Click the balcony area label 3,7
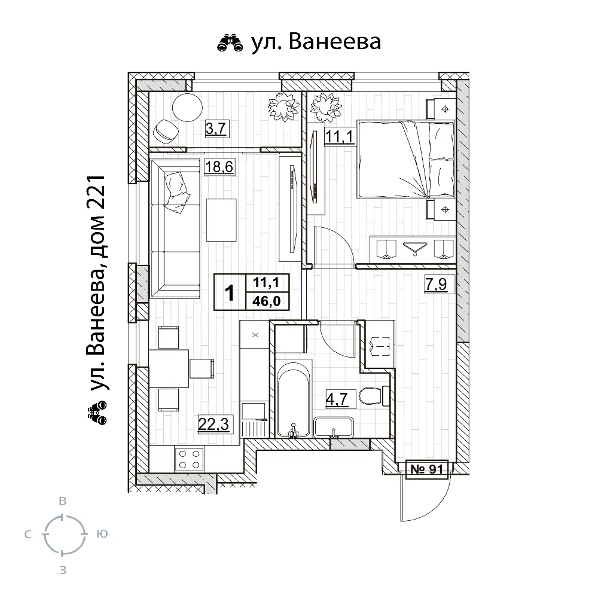click(x=215, y=128)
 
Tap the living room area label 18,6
click(x=218, y=167)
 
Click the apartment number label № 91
click(x=427, y=469)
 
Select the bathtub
click(x=294, y=398)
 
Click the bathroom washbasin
click(x=334, y=427)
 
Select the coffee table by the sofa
click(x=221, y=218)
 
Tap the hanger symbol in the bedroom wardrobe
click(x=412, y=247)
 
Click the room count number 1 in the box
click(x=230, y=292)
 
